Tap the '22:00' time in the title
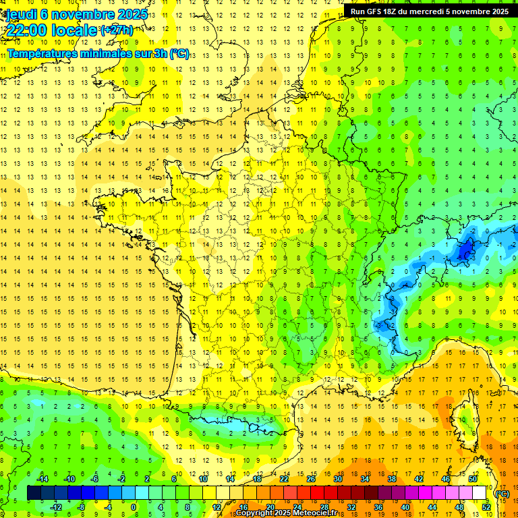click(x=28, y=30)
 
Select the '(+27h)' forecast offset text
click(x=117, y=30)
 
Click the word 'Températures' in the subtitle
click(x=42, y=54)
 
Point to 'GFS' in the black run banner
click(x=372, y=11)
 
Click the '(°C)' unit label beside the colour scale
click(x=502, y=494)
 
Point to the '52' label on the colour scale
click(x=486, y=507)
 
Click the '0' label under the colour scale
click(x=133, y=507)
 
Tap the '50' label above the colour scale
click(x=473, y=479)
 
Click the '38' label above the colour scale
click(x=392, y=479)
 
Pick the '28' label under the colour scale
click(x=324, y=507)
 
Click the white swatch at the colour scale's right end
click(x=480, y=493)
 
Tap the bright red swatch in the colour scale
click(x=318, y=493)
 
